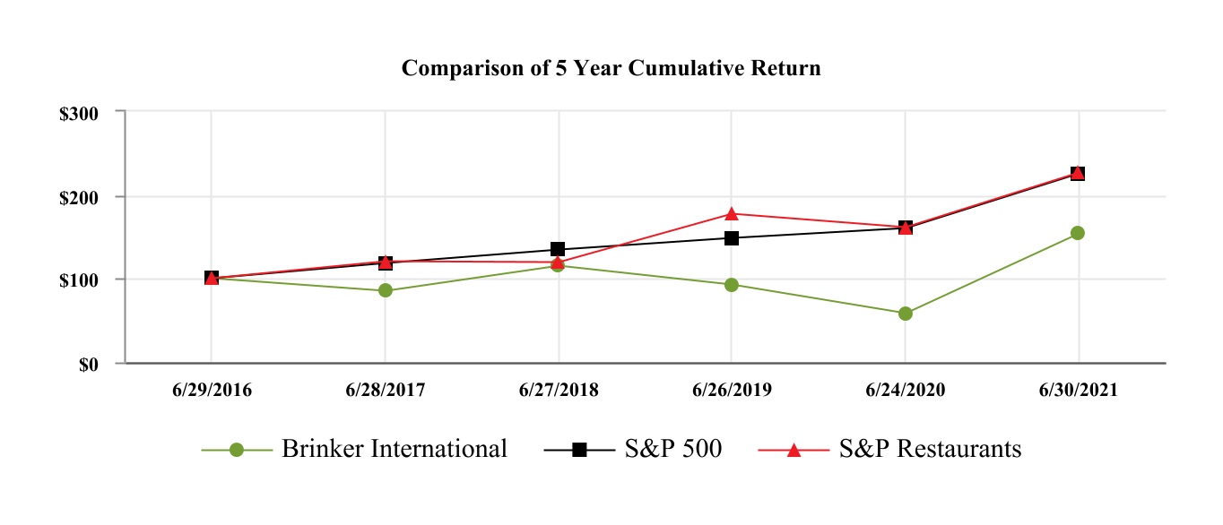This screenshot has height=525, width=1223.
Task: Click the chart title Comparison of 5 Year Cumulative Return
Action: (x=611, y=68)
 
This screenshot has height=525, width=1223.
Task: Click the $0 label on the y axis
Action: (x=88, y=365)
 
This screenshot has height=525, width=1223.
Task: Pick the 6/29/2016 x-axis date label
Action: (x=212, y=392)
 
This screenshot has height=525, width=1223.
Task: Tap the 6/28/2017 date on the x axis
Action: (x=386, y=392)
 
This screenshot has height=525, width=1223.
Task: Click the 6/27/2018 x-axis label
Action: (x=559, y=392)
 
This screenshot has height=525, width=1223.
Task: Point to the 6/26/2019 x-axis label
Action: (x=732, y=392)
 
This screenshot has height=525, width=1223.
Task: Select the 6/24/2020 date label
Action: (x=905, y=392)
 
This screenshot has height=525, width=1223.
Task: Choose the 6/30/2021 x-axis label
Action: (x=1078, y=392)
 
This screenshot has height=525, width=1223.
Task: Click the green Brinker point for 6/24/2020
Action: (x=905, y=314)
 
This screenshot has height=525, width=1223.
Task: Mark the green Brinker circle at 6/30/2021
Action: (x=1078, y=233)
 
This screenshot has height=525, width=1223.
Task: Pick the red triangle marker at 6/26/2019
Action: (x=732, y=213)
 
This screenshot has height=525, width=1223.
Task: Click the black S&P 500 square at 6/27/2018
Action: (x=558, y=249)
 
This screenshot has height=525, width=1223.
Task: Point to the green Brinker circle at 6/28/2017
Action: (x=386, y=290)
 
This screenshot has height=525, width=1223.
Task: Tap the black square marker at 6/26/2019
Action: (x=732, y=238)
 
